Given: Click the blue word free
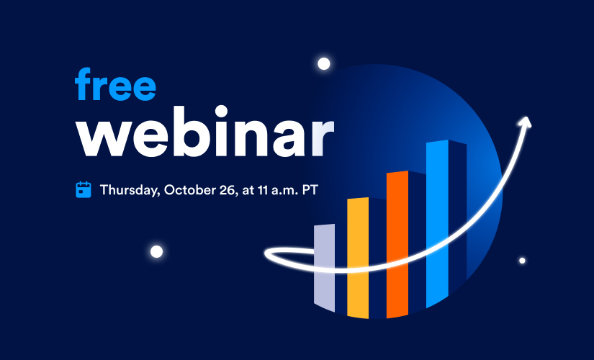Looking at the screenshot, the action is pos(115,84).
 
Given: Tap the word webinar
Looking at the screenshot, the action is pos(205,131).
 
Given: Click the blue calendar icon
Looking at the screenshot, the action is pos(84,189).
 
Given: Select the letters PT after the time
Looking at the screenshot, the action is pos(310,190).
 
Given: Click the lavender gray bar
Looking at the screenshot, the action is pos(324,268).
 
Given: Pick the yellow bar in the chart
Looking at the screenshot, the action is pos(358,258).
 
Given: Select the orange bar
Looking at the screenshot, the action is pos(397,244).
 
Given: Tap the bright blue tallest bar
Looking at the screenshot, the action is pos(437,224).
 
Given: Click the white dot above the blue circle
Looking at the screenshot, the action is pos(323,63).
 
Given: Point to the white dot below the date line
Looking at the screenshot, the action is pos(156,251).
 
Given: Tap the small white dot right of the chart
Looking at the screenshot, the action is pos(522,261).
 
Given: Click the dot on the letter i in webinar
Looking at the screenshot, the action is pos(221,112).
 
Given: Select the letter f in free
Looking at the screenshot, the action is pos(84,84).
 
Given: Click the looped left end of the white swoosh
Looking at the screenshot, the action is pos(270,255).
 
